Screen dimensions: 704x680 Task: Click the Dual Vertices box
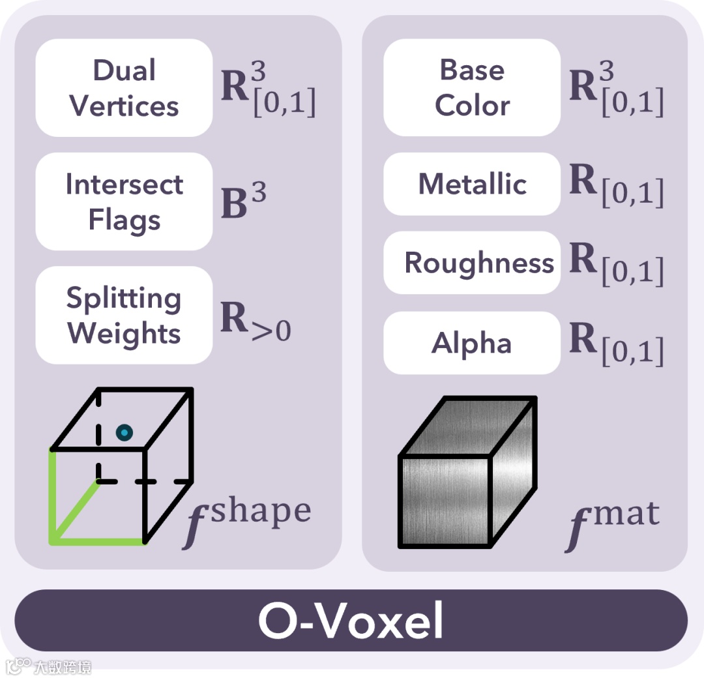pyautogui.click(x=124, y=88)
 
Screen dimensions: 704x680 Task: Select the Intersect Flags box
pyautogui.click(x=124, y=202)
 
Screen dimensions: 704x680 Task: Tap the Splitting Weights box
pyautogui.click(x=124, y=316)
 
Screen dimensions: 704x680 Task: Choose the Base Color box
pyautogui.click(x=472, y=88)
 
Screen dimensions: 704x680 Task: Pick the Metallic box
pyautogui.click(x=472, y=184)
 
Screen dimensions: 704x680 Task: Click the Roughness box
pyautogui.click(x=472, y=263)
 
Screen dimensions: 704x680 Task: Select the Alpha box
pyautogui.click(x=472, y=343)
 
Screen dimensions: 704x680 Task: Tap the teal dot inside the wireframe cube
pyautogui.click(x=124, y=432)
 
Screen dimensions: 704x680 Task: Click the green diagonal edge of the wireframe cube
pyautogui.click(x=75, y=512)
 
